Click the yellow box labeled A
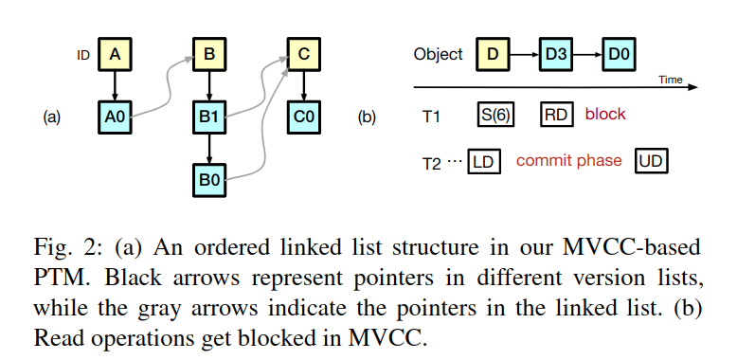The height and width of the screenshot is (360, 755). [x=115, y=55]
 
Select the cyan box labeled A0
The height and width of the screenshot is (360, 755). [x=115, y=117]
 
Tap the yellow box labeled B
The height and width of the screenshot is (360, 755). [x=208, y=55]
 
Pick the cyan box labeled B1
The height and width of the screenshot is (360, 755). [x=208, y=117]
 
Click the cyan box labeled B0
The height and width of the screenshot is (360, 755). [x=208, y=180]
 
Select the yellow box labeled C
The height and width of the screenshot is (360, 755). [x=303, y=55]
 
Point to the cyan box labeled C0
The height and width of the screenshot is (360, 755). [x=303, y=117]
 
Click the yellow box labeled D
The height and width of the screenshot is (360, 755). [x=493, y=54]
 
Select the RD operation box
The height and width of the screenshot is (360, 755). [x=555, y=115]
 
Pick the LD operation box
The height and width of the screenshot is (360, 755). [x=486, y=161]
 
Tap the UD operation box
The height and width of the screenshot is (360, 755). [x=652, y=161]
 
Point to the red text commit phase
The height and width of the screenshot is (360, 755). [x=568, y=161]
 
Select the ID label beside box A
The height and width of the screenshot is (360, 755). [x=83, y=55]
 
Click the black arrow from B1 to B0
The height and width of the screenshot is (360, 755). [x=208, y=149]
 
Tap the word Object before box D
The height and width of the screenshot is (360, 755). [x=439, y=54]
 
